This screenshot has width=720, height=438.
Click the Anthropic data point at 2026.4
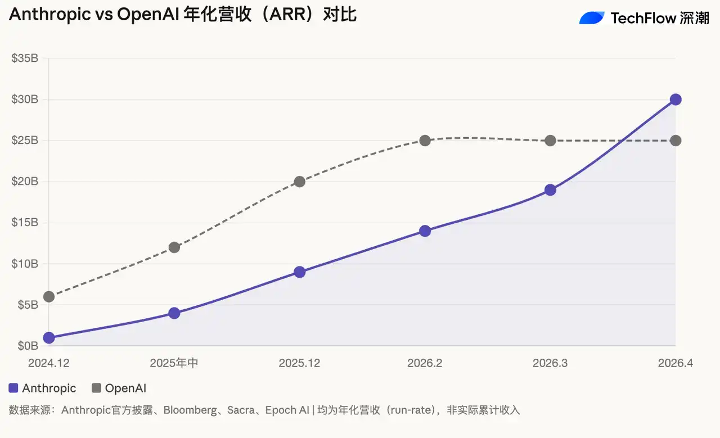676,100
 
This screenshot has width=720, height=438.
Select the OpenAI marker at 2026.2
425,141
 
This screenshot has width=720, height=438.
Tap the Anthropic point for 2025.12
299,272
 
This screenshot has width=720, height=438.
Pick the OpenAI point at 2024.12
49,296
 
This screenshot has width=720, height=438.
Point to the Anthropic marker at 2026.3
550,190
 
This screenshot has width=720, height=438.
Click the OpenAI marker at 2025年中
174,247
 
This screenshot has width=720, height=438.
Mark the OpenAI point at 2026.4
676,141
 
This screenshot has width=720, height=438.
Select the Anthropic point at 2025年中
174,313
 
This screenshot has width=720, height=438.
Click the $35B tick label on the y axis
24,58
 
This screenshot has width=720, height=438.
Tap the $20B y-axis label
24,182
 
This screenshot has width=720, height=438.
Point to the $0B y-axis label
26,346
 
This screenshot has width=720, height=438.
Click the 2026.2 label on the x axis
425,363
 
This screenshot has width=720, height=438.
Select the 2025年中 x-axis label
174,363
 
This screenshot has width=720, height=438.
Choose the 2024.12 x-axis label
49,363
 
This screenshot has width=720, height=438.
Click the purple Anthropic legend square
14,388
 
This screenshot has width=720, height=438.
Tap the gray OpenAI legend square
96,388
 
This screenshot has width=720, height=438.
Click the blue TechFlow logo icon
592,18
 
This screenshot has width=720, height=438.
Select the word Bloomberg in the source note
190,410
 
